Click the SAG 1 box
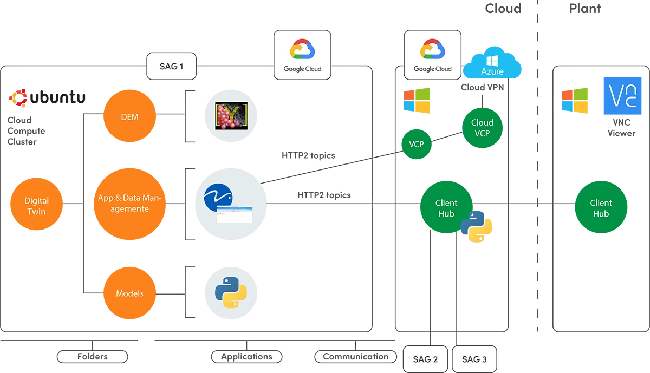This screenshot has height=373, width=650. click(172, 67)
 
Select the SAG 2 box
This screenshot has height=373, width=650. click(425, 359)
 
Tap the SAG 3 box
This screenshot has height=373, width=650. click(474, 359)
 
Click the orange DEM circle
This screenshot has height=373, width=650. click(130, 117)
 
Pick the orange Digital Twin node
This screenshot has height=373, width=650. click(36, 206)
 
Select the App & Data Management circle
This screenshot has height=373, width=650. click(130, 204)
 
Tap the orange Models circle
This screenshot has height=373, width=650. click(130, 293)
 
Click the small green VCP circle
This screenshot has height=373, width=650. click(416, 145)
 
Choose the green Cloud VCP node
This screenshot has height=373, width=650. click(482, 127)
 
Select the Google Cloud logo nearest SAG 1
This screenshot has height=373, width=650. click(302, 55)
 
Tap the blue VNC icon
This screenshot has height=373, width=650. click(622, 96)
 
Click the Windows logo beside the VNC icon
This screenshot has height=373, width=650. click(574, 101)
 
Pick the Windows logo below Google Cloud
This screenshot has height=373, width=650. click(416, 101)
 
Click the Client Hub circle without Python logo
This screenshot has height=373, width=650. click(601, 208)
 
